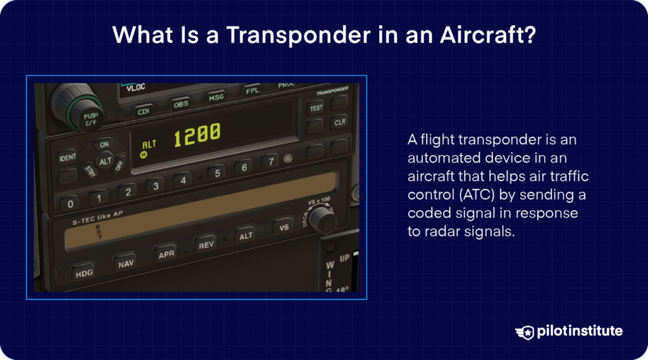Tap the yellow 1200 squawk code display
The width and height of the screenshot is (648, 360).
197,134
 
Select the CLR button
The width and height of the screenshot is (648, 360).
340,121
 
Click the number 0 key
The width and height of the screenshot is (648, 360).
70,204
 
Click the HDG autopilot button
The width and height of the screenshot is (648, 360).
84,273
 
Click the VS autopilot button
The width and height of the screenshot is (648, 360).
284,227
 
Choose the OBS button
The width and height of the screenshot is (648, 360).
181,104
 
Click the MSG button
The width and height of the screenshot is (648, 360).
216,98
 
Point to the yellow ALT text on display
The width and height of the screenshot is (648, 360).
149,145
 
